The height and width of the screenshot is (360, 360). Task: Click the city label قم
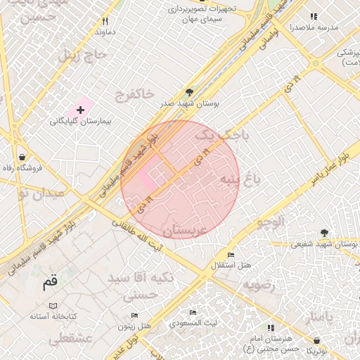tap(49, 283)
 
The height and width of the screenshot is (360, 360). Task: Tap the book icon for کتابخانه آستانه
tap(53, 306)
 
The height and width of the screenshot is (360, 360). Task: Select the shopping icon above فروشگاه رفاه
tap(24, 157)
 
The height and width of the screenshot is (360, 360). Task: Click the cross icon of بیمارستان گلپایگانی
tap(81, 110)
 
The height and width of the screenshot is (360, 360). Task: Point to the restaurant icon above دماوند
tap(105, 21)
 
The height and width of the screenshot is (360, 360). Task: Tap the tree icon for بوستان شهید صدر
tap(188, 92)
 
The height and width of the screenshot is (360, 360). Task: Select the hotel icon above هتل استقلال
tap(231, 255)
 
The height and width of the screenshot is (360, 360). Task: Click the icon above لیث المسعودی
tap(193, 312)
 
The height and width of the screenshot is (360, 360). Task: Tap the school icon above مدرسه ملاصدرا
tap(313, 15)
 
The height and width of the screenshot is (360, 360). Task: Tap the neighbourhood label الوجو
tap(271, 222)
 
